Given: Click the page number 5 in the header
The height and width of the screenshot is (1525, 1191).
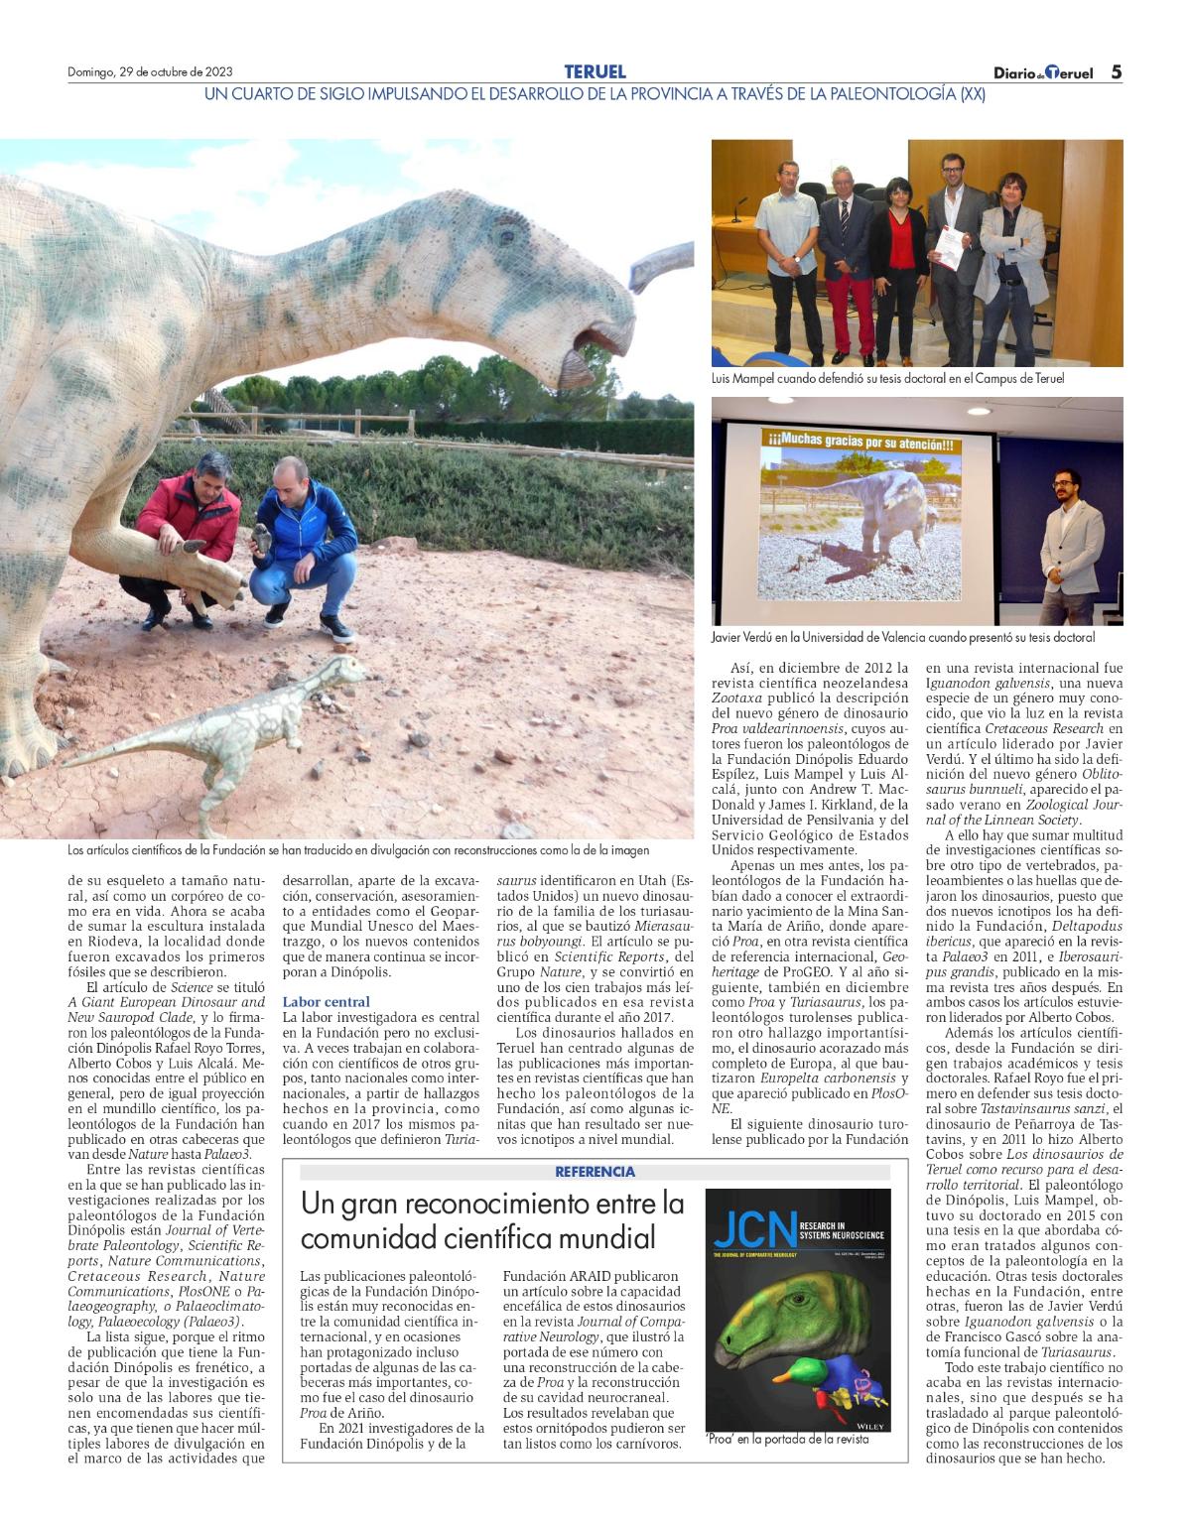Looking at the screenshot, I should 1116,72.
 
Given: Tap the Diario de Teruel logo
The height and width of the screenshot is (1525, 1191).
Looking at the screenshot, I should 1042,73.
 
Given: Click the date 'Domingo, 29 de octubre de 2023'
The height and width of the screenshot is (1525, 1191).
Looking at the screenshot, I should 150,72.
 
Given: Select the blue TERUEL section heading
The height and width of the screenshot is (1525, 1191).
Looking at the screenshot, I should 595,71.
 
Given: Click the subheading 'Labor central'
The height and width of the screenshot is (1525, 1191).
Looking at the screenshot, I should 326,1002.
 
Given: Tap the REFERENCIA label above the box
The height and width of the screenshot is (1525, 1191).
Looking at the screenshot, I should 595,1172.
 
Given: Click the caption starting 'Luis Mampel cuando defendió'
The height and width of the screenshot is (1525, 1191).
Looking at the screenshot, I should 887,379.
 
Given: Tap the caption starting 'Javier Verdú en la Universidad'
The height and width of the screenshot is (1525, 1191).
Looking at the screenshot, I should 903,637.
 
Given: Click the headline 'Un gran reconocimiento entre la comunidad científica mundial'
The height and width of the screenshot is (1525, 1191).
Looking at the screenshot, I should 493,1220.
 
